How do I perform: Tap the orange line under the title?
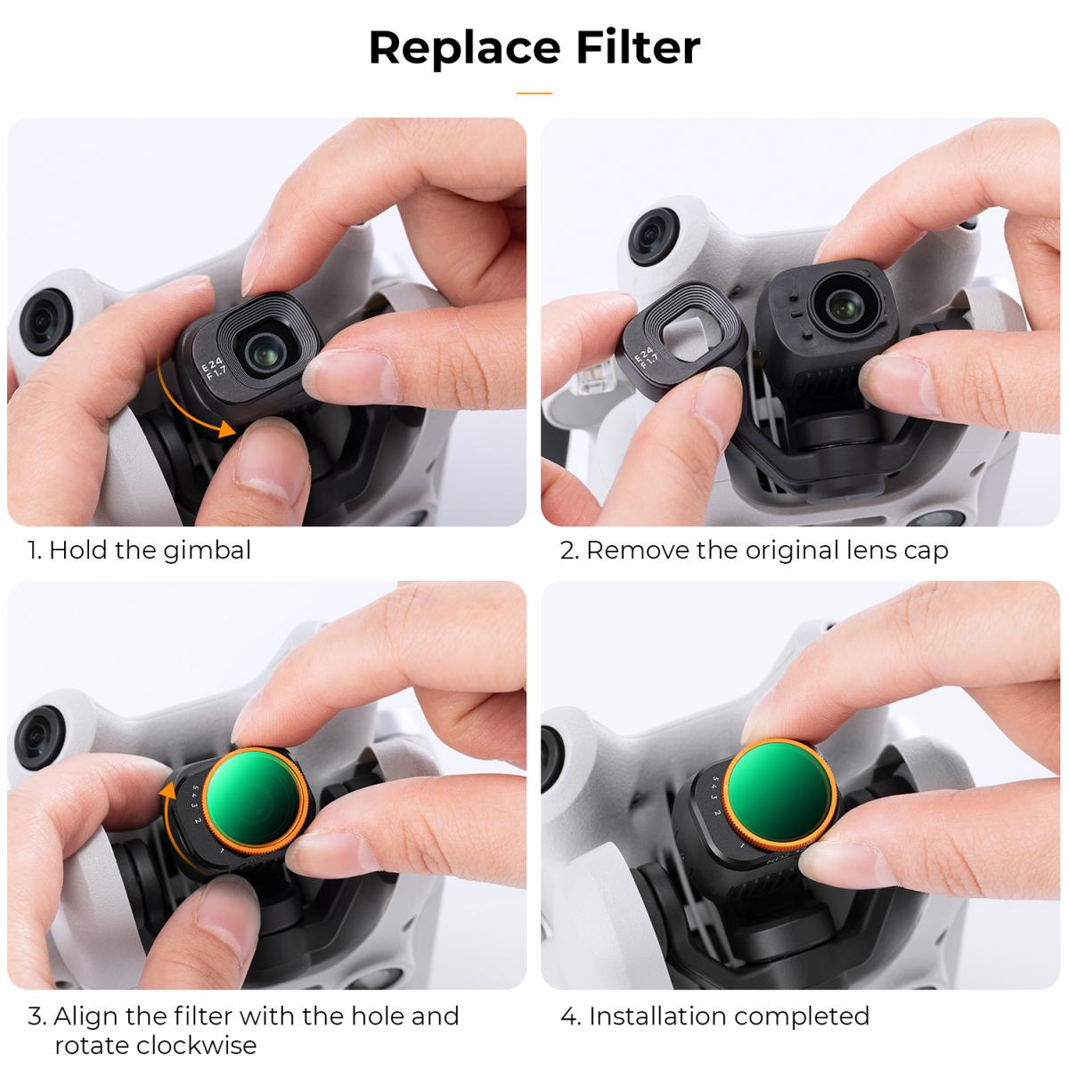534,93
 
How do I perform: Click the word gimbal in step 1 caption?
207,550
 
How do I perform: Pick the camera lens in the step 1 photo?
265,349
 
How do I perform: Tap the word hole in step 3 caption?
356,1016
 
